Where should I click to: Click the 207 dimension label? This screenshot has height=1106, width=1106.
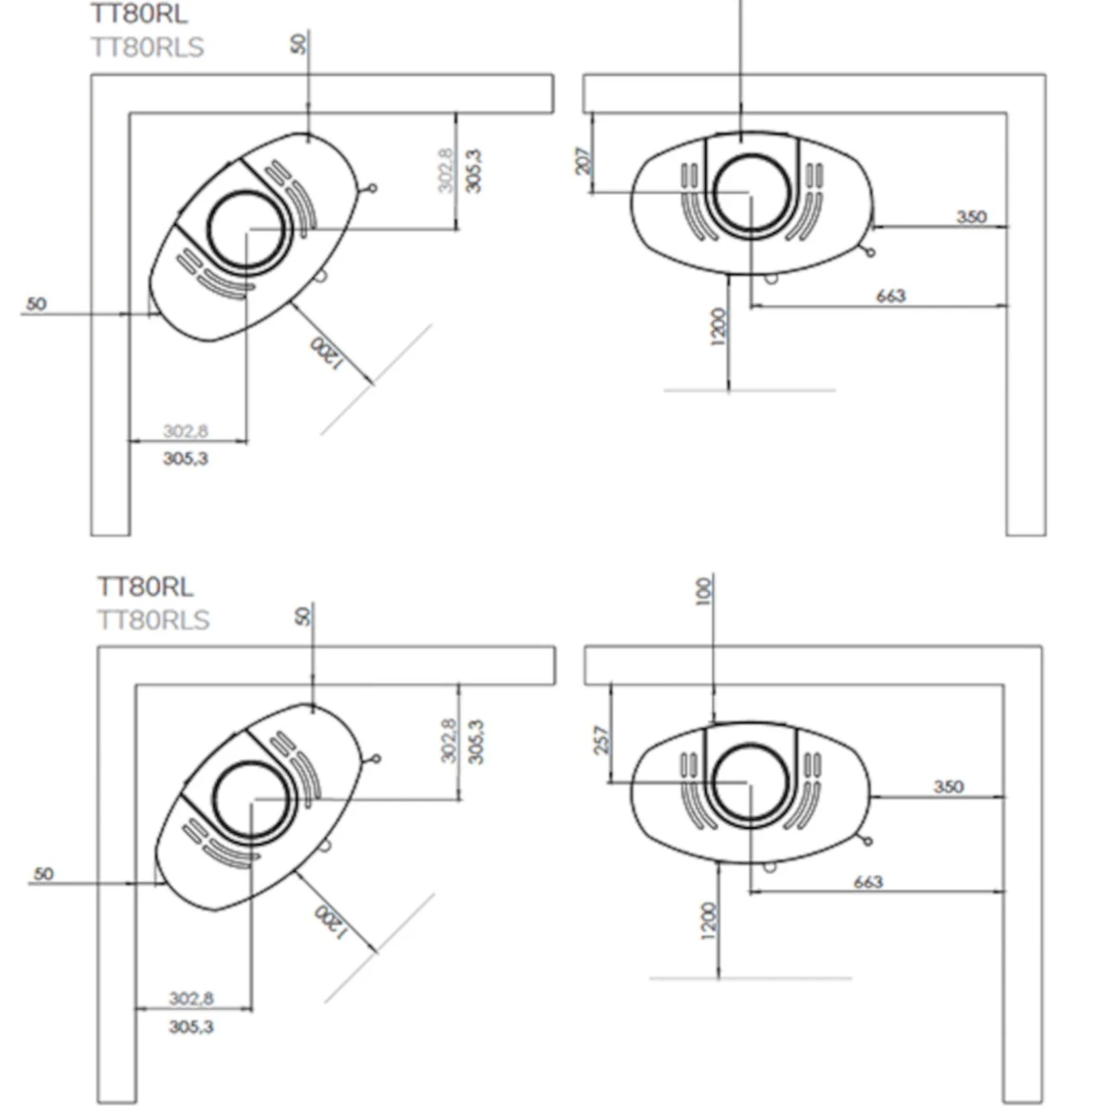[584, 161]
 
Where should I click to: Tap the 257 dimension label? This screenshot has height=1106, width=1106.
[602, 740]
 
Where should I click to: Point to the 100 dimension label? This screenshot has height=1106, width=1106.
[703, 591]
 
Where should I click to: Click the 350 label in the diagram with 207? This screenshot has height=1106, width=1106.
[971, 216]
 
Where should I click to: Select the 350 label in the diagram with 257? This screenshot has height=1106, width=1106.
[948, 786]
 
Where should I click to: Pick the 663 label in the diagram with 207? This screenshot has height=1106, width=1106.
[891, 296]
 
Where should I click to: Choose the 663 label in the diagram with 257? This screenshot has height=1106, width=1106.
[868, 881]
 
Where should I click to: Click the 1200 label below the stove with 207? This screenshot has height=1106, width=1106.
[719, 327]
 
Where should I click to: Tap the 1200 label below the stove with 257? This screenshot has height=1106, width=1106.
[709, 921]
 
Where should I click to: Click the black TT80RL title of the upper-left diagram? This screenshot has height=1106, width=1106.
[138, 14]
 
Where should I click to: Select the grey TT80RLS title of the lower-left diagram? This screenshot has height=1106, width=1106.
[153, 620]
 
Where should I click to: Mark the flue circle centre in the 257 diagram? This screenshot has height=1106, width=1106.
[750, 783]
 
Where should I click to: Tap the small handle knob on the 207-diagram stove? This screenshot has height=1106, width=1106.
[870, 252]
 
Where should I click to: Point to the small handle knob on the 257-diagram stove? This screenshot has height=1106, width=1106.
[868, 841]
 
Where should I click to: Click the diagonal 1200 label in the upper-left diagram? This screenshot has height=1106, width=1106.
[327, 353]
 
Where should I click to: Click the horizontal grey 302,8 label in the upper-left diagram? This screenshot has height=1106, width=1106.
[186, 430]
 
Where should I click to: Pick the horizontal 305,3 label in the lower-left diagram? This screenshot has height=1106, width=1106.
[191, 1027]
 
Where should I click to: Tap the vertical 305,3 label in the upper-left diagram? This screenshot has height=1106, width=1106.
[474, 171]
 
